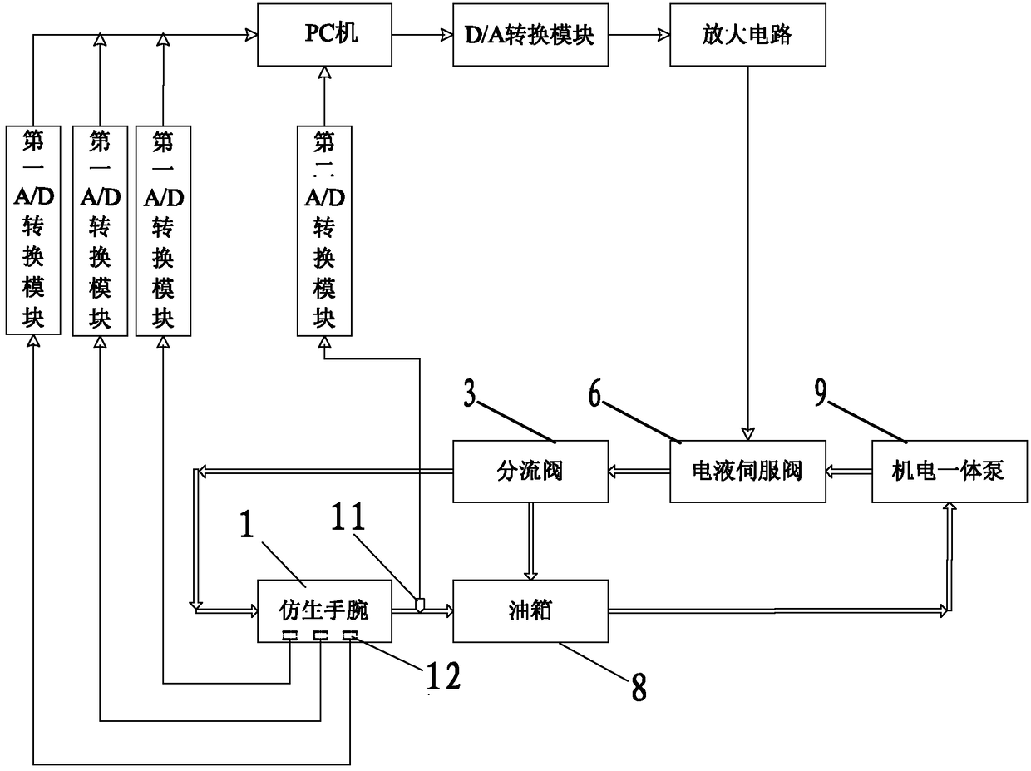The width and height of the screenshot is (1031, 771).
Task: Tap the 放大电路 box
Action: (x=747, y=35)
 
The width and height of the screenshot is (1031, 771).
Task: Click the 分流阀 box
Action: (x=530, y=472)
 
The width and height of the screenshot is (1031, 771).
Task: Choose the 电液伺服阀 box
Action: (x=747, y=472)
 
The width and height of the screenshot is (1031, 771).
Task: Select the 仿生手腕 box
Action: (x=323, y=611)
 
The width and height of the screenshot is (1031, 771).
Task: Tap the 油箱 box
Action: (x=530, y=611)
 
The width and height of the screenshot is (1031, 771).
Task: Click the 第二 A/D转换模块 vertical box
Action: (x=324, y=230)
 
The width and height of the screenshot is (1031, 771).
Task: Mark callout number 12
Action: (x=442, y=678)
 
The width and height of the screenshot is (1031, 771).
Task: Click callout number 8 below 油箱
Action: (x=638, y=686)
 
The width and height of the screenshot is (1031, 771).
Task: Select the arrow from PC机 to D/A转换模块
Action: (x=422, y=35)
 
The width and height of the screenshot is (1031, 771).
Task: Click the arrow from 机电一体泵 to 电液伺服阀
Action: (x=849, y=472)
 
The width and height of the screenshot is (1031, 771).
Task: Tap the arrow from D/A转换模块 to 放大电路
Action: (x=638, y=35)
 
